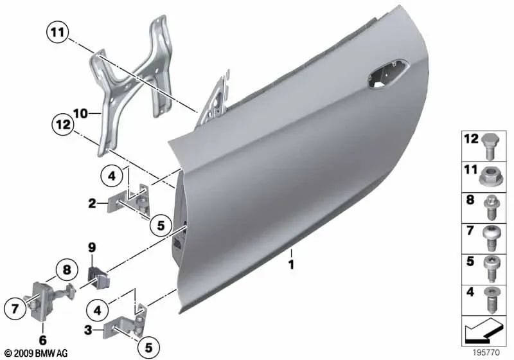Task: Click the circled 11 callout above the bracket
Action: pos(56,30)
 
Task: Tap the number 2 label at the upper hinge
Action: pos(93,204)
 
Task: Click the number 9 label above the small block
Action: pos(91,246)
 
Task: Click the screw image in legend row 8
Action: pos(490,205)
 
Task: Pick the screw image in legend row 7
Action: pos(490,238)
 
